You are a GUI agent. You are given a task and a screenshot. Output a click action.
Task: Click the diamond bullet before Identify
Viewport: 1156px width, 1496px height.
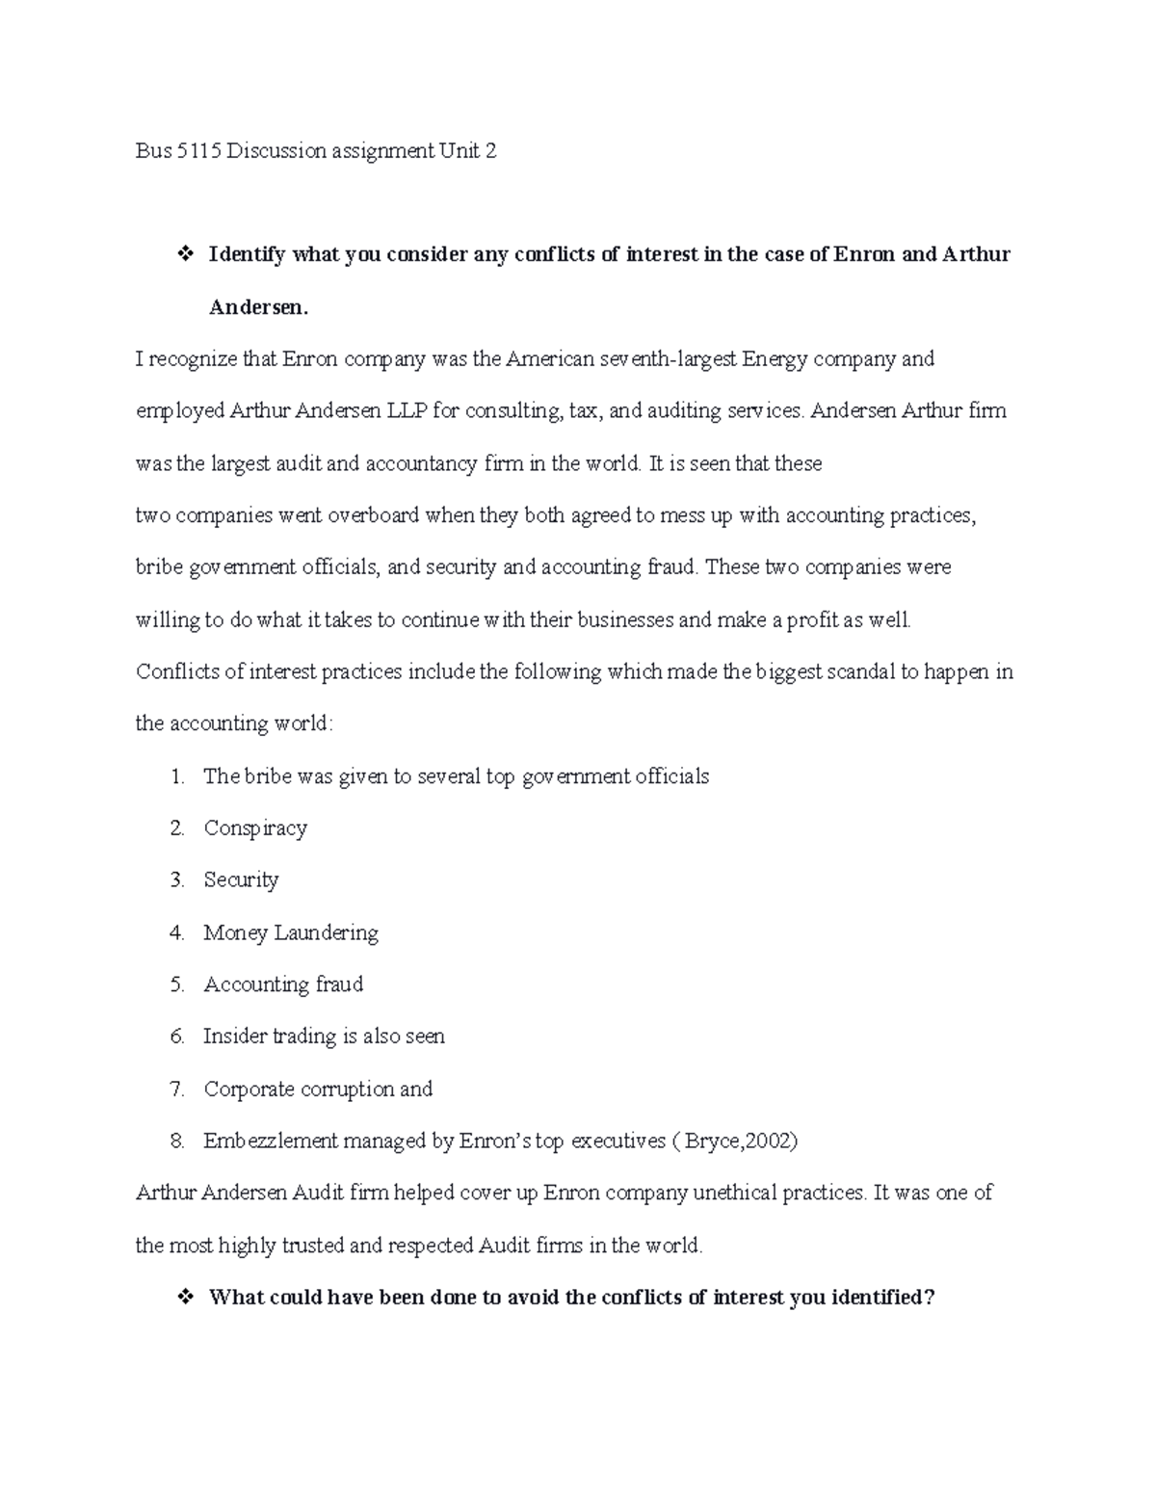[x=181, y=255]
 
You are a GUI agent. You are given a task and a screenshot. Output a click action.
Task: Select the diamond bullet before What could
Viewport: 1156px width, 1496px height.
[x=181, y=1298]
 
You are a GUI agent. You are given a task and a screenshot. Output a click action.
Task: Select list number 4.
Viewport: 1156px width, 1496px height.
[x=176, y=932]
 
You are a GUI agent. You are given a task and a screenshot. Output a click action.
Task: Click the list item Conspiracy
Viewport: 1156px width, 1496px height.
[x=255, y=828]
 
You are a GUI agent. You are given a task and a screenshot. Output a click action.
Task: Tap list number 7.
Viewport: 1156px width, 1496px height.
[x=176, y=1089]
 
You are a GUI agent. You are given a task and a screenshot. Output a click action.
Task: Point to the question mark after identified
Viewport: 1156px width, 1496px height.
[x=929, y=1298]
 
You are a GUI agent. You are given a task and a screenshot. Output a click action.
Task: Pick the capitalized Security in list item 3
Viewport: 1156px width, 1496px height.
[x=241, y=880]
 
